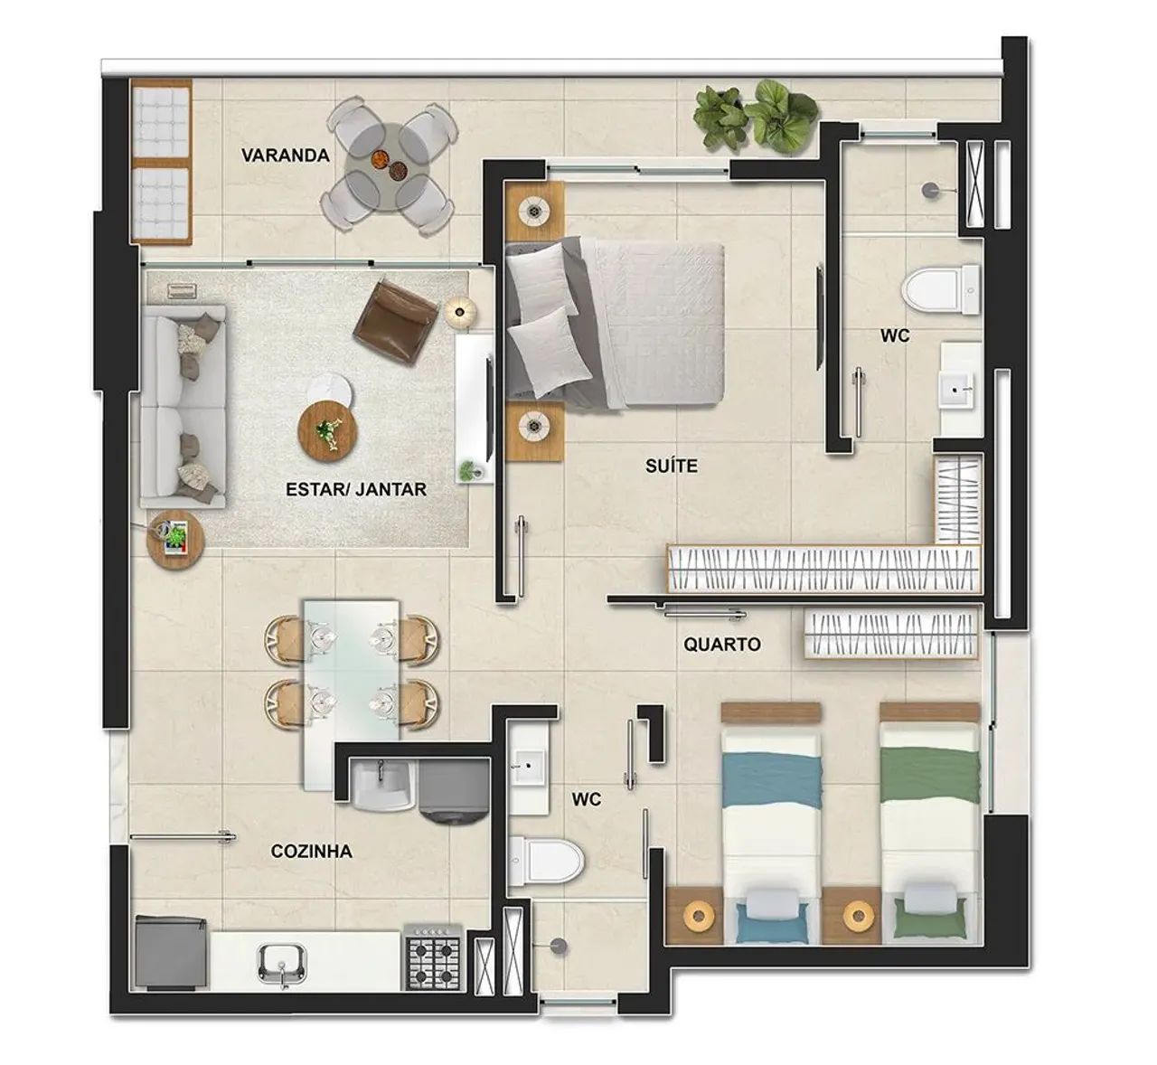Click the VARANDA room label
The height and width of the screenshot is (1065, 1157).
[285, 156]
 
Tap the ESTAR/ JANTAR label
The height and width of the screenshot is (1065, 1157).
[355, 489]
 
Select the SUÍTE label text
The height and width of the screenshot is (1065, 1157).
[672, 467]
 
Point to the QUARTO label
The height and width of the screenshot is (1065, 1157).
[721, 645]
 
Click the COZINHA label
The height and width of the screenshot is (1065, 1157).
[311, 852]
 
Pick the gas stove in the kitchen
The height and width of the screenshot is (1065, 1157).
[434, 957]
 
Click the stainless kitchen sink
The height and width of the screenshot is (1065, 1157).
[283, 962]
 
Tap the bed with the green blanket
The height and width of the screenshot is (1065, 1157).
[930, 818]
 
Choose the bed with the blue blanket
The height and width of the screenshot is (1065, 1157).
[771, 818]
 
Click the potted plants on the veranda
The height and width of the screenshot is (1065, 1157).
[756, 116]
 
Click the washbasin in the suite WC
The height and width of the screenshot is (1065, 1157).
[956, 391]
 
